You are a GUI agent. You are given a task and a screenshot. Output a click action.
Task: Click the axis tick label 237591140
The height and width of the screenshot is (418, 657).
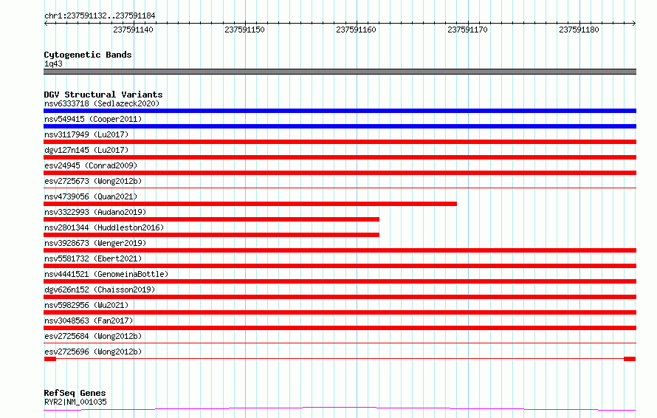(133, 30)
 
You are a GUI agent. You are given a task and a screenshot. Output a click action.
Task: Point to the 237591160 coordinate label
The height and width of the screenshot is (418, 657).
(356, 30)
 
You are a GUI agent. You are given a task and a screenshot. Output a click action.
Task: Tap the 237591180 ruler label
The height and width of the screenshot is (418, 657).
(579, 30)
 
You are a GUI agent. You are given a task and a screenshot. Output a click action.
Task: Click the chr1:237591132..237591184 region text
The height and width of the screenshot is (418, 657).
(100, 16)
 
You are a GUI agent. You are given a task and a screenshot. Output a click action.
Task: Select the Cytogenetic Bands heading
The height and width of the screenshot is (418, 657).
(88, 55)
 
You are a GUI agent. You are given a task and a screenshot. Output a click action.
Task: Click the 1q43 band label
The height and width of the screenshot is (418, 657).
(53, 64)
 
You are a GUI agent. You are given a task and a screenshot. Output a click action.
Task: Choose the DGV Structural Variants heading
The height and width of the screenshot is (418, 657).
(103, 95)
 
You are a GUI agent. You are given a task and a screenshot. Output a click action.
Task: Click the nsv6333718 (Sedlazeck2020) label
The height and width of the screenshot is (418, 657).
(102, 103)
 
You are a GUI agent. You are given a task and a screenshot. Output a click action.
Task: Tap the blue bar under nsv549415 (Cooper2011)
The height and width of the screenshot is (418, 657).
(340, 126)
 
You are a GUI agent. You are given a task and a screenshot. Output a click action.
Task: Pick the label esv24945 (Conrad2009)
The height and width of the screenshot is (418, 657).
(91, 165)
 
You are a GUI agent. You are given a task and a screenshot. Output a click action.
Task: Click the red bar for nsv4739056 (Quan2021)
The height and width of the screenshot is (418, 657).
(250, 204)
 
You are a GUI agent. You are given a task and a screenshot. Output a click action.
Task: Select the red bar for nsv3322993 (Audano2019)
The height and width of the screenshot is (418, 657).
(212, 219)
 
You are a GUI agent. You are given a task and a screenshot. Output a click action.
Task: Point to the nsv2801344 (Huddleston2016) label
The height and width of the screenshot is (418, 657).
(104, 227)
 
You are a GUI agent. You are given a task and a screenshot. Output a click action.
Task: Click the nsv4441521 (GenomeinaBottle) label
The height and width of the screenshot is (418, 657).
(106, 274)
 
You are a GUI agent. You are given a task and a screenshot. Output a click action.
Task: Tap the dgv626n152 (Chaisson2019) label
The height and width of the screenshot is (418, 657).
(100, 289)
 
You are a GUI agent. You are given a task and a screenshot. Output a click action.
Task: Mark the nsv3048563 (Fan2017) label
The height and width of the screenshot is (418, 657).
(89, 321)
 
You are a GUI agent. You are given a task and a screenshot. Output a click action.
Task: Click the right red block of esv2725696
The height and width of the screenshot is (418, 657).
(630, 359)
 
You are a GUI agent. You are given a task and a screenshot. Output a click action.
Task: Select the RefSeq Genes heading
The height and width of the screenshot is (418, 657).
(75, 393)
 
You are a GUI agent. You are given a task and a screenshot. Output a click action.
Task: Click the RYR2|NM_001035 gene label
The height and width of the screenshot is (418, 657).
(75, 402)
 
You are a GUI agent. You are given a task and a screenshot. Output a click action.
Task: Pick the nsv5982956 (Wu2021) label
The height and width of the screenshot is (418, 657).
(86, 305)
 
